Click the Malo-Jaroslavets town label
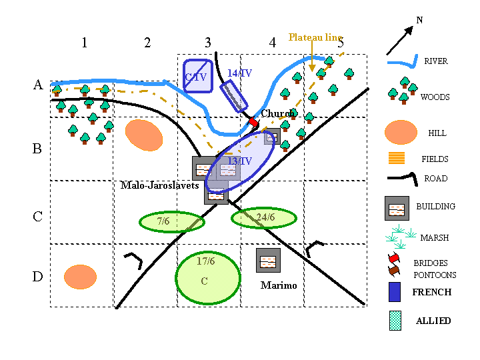159,185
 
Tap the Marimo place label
278,285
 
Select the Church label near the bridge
277,114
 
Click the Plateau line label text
315,37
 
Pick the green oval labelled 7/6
171,221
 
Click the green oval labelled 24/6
263,217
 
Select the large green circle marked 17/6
207,277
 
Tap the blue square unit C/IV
198,76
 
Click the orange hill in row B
143,135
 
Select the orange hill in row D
80,277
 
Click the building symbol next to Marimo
268,260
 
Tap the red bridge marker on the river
253,123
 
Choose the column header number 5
341,43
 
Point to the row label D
38,275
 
